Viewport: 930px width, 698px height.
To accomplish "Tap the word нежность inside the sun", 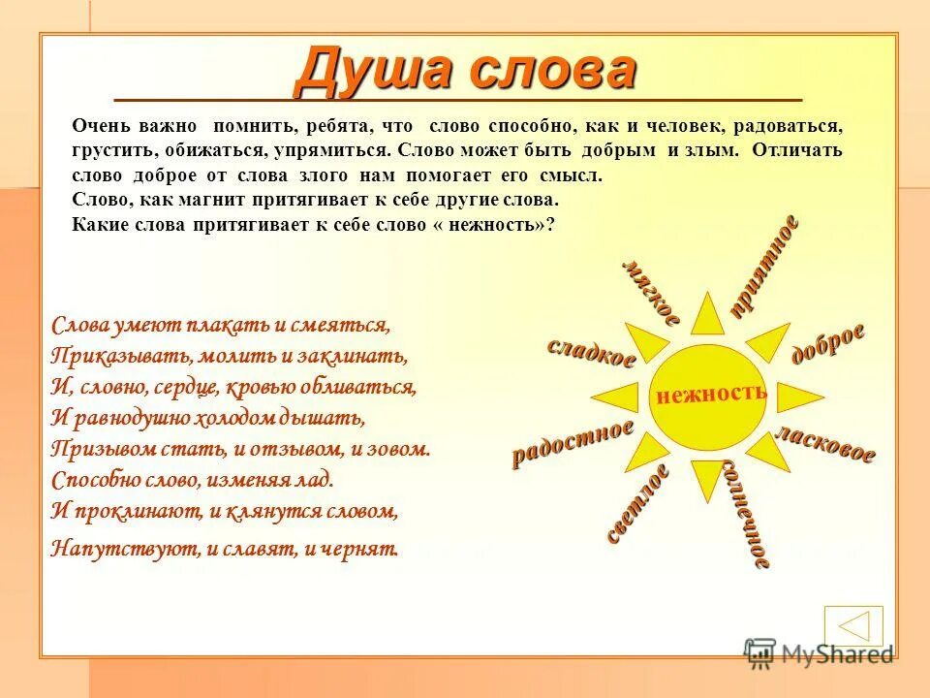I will click(x=711, y=394).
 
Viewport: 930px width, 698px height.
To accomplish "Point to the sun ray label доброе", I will click(x=828, y=343).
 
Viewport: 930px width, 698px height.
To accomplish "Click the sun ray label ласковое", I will click(x=825, y=444).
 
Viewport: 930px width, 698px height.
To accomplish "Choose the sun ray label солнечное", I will click(x=746, y=511).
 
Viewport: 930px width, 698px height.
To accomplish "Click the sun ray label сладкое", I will click(x=591, y=352).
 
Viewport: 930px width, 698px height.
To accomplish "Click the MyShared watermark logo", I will click(x=820, y=653).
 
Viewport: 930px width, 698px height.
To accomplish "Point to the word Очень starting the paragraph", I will click(x=99, y=127).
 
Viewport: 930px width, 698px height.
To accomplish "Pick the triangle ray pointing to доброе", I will click(x=767, y=342).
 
